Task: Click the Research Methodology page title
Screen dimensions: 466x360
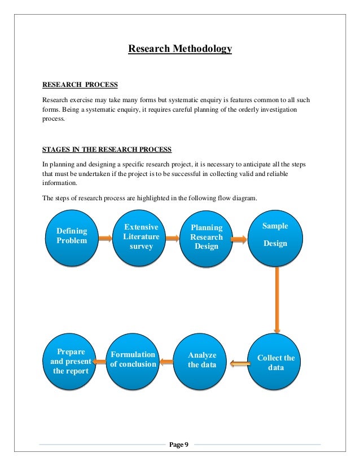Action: point(180,49)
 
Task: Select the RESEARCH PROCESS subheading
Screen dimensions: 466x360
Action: point(80,85)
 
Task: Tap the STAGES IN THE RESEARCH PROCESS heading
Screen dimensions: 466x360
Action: point(107,150)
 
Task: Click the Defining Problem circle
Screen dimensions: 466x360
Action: point(72,238)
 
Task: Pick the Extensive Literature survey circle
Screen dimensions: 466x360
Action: point(141,236)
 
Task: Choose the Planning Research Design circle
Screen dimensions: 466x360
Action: point(207,238)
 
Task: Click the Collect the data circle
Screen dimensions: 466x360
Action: point(276,362)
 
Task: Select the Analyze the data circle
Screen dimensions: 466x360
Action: point(202,361)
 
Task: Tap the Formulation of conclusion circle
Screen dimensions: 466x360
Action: point(133,361)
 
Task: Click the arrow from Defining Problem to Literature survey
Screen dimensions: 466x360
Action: point(106,239)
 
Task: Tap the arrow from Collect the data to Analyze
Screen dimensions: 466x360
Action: point(240,363)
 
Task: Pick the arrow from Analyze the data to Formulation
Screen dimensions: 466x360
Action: point(166,362)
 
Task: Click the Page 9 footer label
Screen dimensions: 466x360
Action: point(179,445)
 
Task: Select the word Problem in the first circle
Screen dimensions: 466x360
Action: point(72,241)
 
